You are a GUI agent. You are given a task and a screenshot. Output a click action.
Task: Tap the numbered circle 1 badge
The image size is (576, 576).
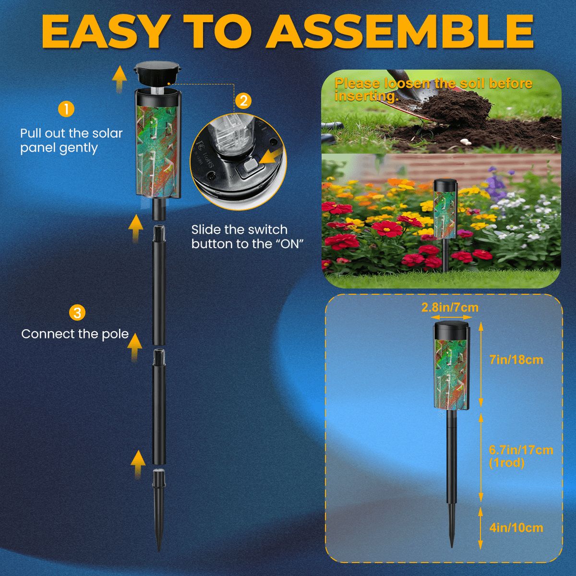[66, 108]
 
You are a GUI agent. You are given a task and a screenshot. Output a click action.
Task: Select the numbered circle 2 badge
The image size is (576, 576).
[243, 101]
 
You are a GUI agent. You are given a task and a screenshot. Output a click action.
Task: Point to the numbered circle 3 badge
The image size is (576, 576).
[77, 313]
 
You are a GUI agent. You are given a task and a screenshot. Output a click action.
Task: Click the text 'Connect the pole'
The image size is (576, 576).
[75, 334]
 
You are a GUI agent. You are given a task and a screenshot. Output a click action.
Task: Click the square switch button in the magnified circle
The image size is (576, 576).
[251, 168]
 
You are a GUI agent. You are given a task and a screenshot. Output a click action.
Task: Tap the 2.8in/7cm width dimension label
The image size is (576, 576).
[450, 308]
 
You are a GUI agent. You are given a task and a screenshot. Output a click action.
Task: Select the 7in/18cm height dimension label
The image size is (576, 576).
[516, 360]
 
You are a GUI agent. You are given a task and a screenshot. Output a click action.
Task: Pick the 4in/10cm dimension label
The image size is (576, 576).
[516, 528]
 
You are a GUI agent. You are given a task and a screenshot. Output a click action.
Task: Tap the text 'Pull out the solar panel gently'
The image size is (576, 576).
[71, 141]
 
